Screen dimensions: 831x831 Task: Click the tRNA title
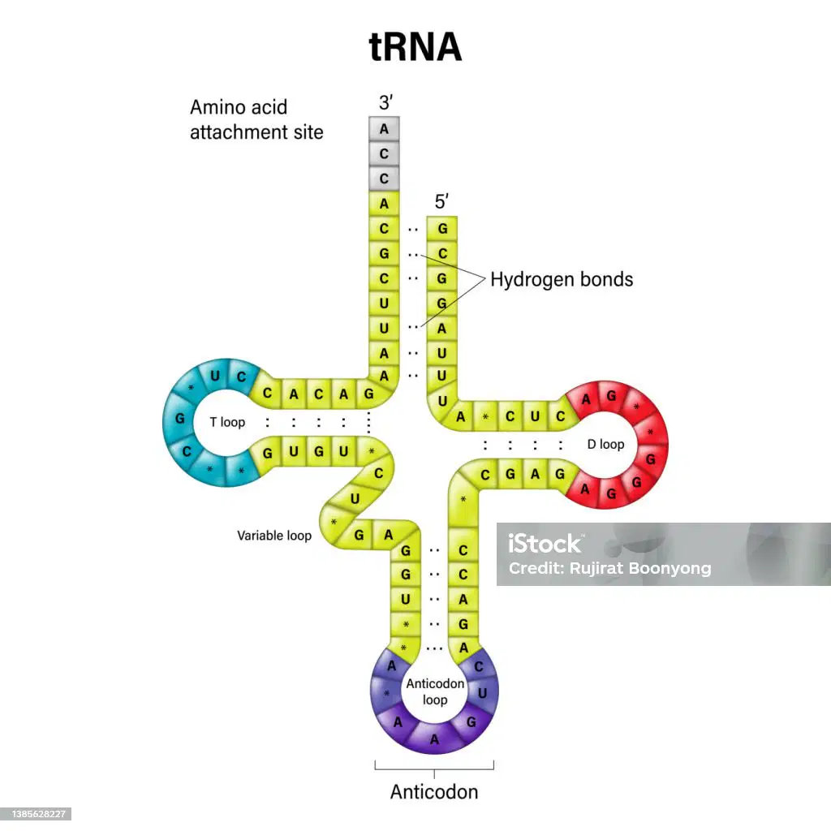[x=415, y=46]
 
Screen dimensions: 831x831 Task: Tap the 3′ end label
[x=385, y=102]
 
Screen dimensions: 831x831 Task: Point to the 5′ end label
[x=441, y=201]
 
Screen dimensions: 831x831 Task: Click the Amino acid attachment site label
[x=256, y=119]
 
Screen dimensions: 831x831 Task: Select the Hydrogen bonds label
[x=562, y=279]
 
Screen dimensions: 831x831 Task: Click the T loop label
[x=227, y=422]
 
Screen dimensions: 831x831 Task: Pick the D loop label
[x=605, y=444]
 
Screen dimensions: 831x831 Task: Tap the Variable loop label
[x=274, y=536]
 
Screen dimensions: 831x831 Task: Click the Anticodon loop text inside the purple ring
[x=435, y=691]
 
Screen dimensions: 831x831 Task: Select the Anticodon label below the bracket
[x=434, y=792]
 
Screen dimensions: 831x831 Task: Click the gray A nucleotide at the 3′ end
[x=384, y=129]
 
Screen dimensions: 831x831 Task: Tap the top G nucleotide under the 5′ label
[x=442, y=228]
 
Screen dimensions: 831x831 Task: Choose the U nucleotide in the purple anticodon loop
[x=482, y=693]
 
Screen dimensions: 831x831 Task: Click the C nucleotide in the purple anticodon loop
[x=478, y=667]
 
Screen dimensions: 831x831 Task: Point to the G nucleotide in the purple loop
[x=471, y=721]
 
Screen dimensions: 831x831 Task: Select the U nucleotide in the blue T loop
[x=214, y=376]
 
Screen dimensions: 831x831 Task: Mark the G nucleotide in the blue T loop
[x=180, y=418]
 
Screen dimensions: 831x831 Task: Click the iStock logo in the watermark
[x=545, y=544]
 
